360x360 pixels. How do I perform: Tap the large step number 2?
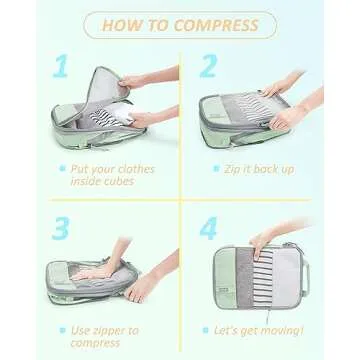point(207,67)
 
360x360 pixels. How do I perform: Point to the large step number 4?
point(208,229)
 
